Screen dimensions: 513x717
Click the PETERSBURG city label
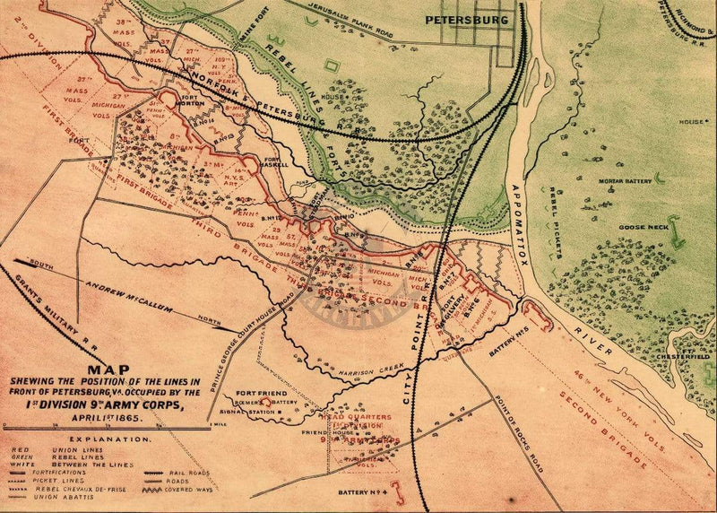pos(466,19)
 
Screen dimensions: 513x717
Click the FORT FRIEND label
pos(255,393)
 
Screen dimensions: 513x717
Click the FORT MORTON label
pos(193,100)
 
